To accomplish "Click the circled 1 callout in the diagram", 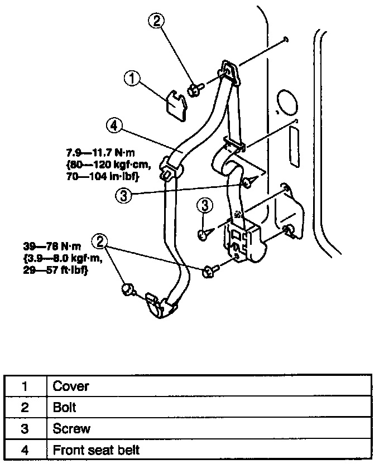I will pyautogui.click(x=132, y=80).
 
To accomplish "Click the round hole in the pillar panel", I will pyautogui.click(x=288, y=104).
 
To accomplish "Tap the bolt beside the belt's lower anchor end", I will pyautogui.click(x=128, y=289).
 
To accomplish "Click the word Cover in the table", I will pyautogui.click(x=71, y=386).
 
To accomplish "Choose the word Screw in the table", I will pyautogui.click(x=71, y=428).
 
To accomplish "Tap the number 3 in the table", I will pyautogui.click(x=25, y=428).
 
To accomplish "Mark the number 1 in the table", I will pyautogui.click(x=25, y=386).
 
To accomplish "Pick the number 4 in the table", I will pyautogui.click(x=25, y=449).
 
